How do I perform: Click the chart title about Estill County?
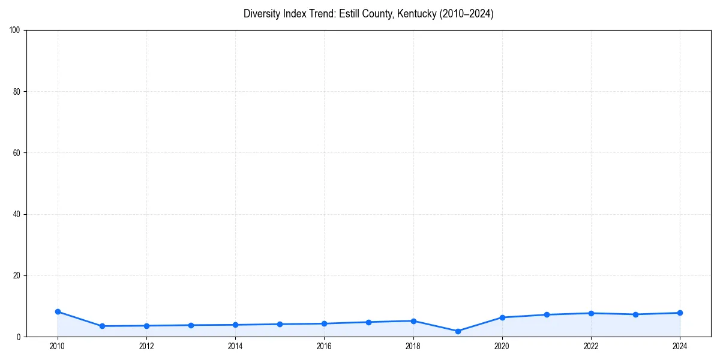pos(368,14)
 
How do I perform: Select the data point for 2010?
pos(58,311)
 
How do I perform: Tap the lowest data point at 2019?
pos(458,331)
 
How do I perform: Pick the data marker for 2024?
pos(680,313)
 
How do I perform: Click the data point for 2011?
pos(102,326)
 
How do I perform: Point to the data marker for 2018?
pos(413,321)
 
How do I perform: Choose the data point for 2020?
pos(502,317)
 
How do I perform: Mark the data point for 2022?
pos(591,313)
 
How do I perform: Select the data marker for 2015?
pos(280,324)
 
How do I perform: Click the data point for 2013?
pos(191,325)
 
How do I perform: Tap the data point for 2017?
pos(368,322)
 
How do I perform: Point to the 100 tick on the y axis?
pos(16,30)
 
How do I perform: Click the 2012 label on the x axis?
pos(146,346)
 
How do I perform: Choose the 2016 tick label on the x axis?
pos(324,346)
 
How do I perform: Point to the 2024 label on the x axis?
pos(680,346)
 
